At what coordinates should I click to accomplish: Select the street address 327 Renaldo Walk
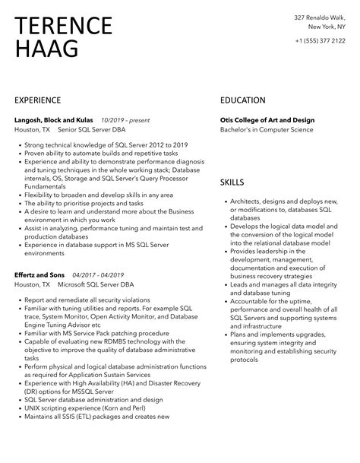321,17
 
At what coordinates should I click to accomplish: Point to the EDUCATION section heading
242,100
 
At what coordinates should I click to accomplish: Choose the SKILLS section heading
232,182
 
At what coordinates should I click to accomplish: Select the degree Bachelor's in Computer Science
266,130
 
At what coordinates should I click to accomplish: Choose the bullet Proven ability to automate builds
90,153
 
